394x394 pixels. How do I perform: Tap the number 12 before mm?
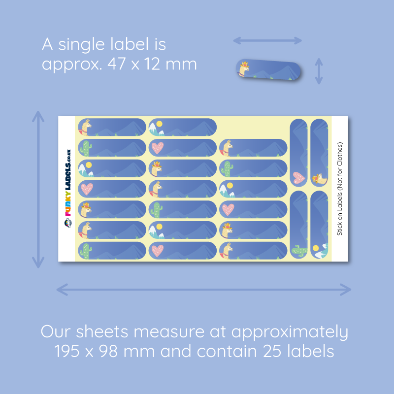[x=152, y=64]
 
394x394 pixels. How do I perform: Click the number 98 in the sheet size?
[x=108, y=351]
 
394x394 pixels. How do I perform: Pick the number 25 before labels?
[x=272, y=351]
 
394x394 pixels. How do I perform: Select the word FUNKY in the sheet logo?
[x=68, y=203]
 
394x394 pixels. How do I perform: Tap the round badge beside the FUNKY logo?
[x=68, y=223]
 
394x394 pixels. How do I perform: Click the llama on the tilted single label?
[x=244, y=68]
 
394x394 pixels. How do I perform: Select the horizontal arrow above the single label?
[x=267, y=40]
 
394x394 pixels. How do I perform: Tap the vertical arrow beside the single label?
[x=319, y=71]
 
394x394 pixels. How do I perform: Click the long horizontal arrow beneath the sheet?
[x=204, y=290]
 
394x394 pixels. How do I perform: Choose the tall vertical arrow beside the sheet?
[x=38, y=190]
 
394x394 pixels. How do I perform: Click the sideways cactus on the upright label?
[x=299, y=250]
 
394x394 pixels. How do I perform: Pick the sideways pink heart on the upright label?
[x=299, y=177]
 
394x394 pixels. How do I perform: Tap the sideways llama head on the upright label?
[x=320, y=179]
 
